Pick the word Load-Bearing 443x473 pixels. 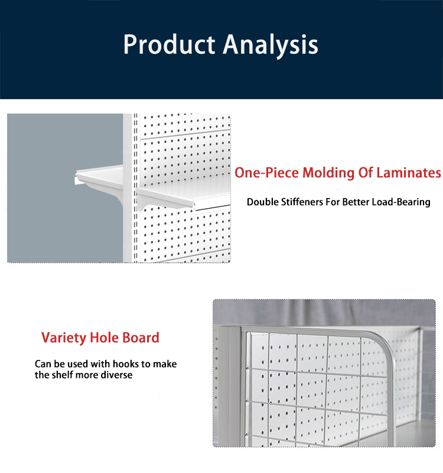(401, 202)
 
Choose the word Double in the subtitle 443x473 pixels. (262, 202)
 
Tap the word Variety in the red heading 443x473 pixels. (63, 338)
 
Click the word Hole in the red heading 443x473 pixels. (105, 338)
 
